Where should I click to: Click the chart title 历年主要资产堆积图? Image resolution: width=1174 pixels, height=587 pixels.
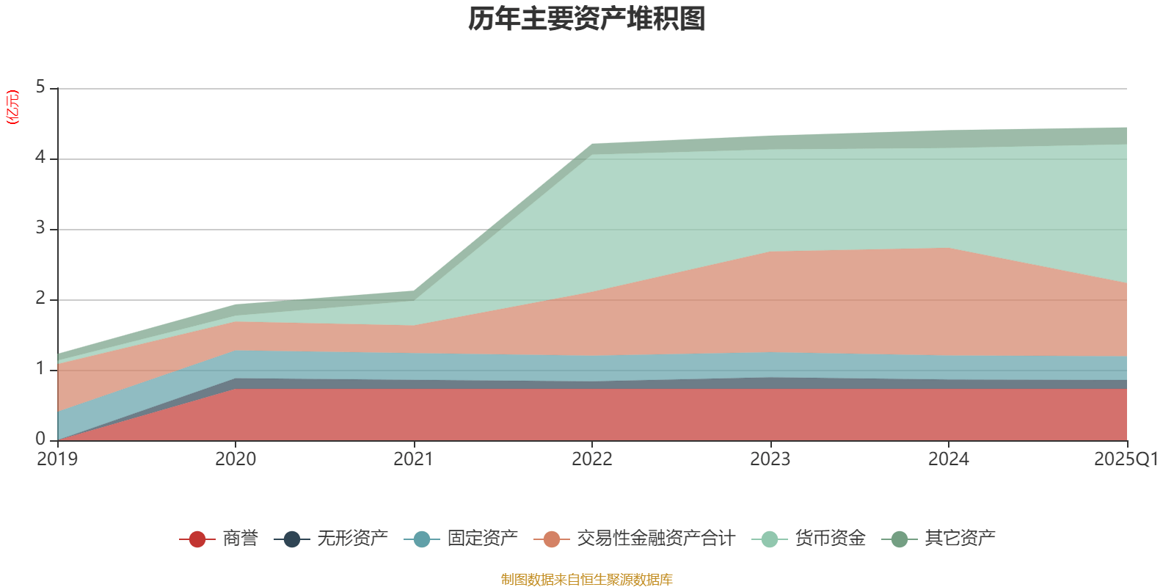(x=587, y=19)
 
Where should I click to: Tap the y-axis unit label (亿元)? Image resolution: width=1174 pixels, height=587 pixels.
(x=12, y=107)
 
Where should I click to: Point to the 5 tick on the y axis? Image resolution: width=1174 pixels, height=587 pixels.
(x=40, y=87)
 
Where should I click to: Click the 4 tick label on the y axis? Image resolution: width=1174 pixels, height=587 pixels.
(x=40, y=158)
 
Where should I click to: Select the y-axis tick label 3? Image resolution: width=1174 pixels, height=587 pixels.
(x=40, y=228)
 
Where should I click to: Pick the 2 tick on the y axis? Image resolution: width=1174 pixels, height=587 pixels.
(x=40, y=299)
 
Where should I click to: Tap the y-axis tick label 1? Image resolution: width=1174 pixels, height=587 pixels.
(x=40, y=369)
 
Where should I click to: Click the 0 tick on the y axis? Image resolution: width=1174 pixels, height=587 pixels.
(x=40, y=439)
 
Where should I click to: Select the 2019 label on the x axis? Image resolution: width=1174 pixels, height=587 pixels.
(x=57, y=459)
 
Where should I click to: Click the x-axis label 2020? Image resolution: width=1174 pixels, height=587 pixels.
(x=236, y=459)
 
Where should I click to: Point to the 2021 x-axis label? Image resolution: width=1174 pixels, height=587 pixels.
(x=414, y=459)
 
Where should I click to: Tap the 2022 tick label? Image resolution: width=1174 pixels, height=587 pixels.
(x=592, y=459)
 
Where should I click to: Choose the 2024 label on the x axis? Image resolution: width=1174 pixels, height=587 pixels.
(x=949, y=459)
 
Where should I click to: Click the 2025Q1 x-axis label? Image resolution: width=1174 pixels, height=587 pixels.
(x=1126, y=459)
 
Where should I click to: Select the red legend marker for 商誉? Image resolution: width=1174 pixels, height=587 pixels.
(x=197, y=539)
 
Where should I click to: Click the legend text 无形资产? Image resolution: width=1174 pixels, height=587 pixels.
(x=353, y=539)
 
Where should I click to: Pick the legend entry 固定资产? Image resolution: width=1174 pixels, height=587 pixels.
(x=482, y=539)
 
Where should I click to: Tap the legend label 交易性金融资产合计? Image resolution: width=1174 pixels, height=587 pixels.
(x=655, y=539)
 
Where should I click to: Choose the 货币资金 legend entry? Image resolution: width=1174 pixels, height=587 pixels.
(x=830, y=539)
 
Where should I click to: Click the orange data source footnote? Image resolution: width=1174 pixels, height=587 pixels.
(x=587, y=580)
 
